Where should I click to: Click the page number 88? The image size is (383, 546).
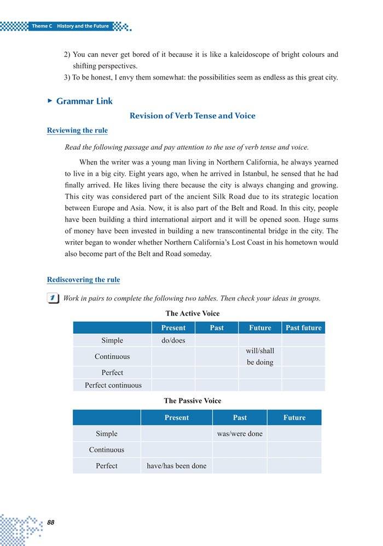(x=51, y=522)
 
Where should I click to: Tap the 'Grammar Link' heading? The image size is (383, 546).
(x=84, y=101)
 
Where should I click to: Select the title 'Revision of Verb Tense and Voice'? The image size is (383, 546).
(x=192, y=116)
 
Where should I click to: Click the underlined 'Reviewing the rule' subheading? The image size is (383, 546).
(x=77, y=130)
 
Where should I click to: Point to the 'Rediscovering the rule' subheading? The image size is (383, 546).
(x=83, y=280)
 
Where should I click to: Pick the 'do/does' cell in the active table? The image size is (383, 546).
(x=173, y=341)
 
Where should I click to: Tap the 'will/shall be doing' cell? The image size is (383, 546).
(x=260, y=356)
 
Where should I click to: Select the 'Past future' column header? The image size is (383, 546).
(x=304, y=328)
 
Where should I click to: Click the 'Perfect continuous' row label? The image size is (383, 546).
(x=113, y=385)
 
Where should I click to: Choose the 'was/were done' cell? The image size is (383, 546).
(x=240, y=434)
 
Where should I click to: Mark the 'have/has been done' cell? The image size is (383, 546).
(x=176, y=466)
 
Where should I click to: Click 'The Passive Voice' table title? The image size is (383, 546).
(x=193, y=401)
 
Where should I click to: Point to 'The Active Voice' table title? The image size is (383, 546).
(x=193, y=314)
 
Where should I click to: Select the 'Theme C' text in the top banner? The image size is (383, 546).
(x=42, y=26)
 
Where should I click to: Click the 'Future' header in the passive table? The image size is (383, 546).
(x=294, y=418)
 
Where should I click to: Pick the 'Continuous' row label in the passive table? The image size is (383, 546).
(x=107, y=450)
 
